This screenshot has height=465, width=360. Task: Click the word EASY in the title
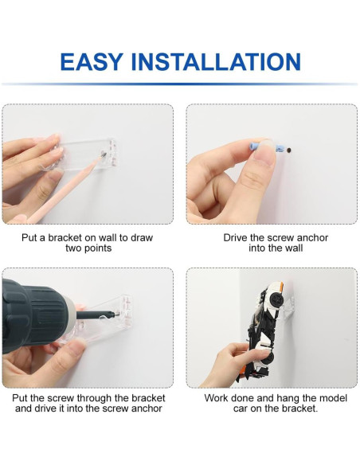coord(92,61)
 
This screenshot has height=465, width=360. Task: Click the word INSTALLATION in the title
coord(216,61)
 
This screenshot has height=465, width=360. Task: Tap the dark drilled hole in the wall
coord(289,150)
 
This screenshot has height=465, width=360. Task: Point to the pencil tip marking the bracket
coord(103,154)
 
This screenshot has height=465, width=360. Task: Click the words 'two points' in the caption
coord(88,248)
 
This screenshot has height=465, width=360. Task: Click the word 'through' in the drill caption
coord(94,397)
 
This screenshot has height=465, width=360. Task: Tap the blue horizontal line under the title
coord(180,84)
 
